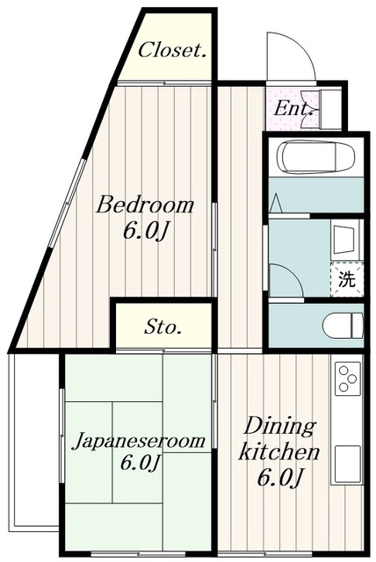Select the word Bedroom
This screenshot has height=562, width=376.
coord(145,205)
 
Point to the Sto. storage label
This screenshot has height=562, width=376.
coord(163,328)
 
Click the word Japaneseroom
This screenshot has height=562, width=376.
coord(139,439)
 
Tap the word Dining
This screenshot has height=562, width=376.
coord(278,427)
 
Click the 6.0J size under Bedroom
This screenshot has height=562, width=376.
coord(145,233)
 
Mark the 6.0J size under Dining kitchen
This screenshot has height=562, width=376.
coord(281,479)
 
